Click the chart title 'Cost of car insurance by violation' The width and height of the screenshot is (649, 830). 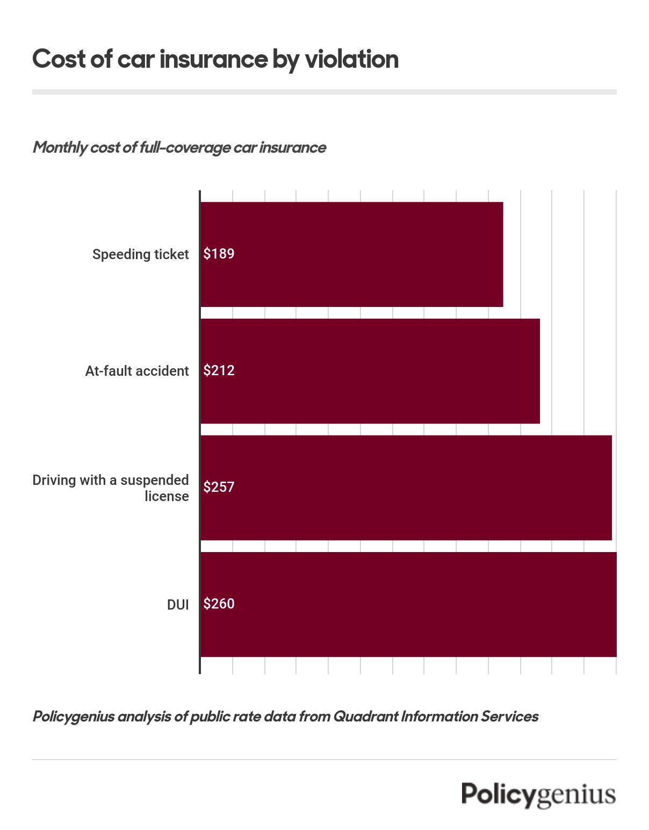(x=215, y=59)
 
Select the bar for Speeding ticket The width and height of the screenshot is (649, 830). (x=352, y=254)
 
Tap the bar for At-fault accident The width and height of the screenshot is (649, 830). (x=370, y=371)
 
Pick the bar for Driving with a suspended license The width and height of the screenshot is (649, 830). (x=406, y=488)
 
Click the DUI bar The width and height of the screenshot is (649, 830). (x=408, y=604)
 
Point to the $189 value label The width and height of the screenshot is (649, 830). (x=219, y=254)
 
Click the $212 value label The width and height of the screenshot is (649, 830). (x=219, y=370)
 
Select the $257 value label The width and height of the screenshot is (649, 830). (x=219, y=487)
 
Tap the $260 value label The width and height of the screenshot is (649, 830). (x=219, y=604)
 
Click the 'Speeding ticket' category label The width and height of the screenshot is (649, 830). (x=140, y=254)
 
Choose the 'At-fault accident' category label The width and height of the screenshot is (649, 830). (x=137, y=371)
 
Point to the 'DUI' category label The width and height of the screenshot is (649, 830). (x=178, y=605)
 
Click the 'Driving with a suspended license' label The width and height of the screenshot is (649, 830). (x=111, y=488)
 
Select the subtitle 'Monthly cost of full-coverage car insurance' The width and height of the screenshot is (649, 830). (x=179, y=147)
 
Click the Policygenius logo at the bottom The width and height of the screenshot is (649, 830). (x=538, y=795)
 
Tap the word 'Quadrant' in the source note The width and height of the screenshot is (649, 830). (x=365, y=717)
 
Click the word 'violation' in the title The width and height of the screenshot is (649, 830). (x=352, y=59)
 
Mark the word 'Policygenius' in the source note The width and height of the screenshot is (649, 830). (x=74, y=717)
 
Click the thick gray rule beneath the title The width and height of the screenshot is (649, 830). (x=324, y=92)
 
